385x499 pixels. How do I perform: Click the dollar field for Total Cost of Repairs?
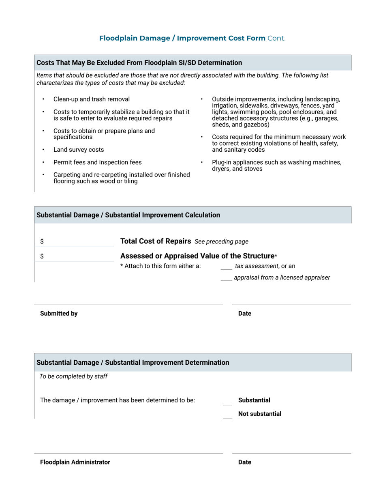(x=77, y=241)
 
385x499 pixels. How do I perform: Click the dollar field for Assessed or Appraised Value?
(x=77, y=256)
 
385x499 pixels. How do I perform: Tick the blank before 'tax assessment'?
(x=226, y=267)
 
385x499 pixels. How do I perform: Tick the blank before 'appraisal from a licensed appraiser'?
(x=226, y=278)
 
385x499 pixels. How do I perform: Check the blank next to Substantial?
(x=228, y=401)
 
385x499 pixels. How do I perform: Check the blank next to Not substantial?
(x=228, y=415)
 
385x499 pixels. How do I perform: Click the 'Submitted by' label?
(x=59, y=314)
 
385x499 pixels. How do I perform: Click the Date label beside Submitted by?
(x=245, y=314)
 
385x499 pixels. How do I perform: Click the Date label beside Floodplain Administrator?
(x=245, y=462)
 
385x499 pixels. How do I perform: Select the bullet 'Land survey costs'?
(x=79, y=150)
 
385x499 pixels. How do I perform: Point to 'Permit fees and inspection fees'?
(x=97, y=162)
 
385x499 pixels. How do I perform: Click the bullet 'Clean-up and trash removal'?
(x=92, y=99)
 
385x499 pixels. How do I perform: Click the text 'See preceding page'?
(x=221, y=242)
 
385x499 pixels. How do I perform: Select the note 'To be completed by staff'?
(x=73, y=376)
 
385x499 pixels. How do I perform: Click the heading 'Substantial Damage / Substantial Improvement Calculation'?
(x=128, y=215)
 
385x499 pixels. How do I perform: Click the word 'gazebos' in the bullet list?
(x=256, y=125)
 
